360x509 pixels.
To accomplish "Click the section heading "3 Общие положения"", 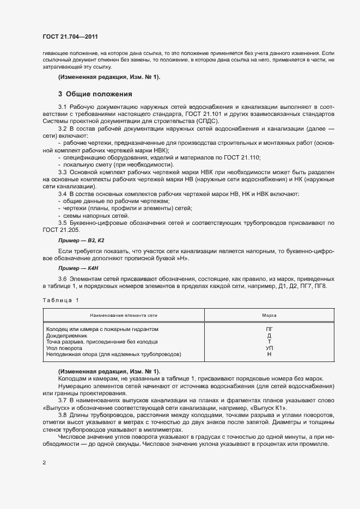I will (96, 94).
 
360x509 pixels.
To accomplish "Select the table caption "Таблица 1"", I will (60, 300).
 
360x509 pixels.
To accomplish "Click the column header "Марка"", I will (269, 315).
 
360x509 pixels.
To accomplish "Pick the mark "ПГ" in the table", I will (269, 329).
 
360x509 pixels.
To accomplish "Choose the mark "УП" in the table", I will (269, 348).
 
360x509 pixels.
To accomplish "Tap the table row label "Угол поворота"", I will (64, 348).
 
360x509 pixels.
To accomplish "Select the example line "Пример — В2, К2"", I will (81, 240).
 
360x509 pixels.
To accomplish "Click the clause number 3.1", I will (62, 106).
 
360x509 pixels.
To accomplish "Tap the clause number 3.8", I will (62, 415).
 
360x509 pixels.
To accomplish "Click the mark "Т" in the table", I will (269, 342).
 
